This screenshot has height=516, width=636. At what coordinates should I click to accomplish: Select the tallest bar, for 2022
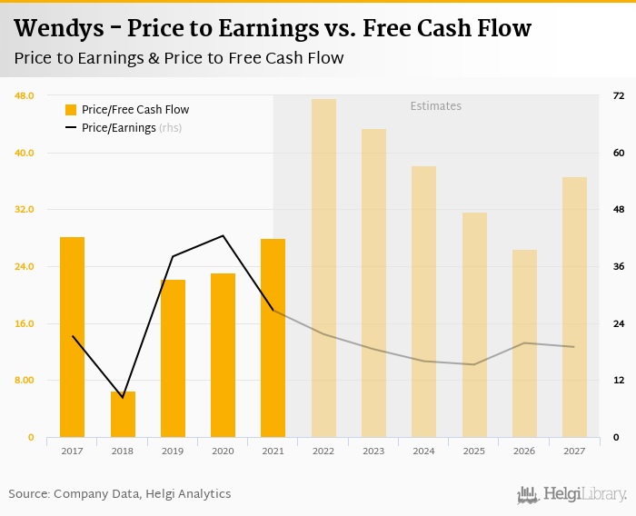click(323, 268)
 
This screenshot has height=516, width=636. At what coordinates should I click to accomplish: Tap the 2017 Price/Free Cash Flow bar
click(73, 337)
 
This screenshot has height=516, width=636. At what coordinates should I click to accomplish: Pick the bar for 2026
click(524, 343)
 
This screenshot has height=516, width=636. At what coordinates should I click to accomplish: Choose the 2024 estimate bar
click(423, 302)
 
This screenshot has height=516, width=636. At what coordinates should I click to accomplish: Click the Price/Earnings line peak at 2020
click(223, 236)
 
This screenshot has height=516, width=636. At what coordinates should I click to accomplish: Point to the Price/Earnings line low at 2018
click(123, 397)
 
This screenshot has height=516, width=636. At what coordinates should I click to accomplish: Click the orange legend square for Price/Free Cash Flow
click(71, 110)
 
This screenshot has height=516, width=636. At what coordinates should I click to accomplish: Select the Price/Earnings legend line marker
click(71, 128)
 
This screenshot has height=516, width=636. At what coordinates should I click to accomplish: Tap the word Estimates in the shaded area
click(436, 106)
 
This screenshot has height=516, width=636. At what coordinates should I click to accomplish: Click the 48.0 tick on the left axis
click(25, 95)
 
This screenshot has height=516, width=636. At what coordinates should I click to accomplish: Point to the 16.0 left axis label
click(25, 323)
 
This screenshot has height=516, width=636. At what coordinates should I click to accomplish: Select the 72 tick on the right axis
click(618, 95)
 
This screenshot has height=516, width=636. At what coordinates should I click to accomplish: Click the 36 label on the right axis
click(618, 266)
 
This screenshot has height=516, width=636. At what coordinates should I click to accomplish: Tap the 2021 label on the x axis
click(273, 451)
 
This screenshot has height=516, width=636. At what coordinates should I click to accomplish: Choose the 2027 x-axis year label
click(573, 451)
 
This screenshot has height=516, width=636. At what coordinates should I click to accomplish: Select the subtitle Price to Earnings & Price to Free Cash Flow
click(179, 59)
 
